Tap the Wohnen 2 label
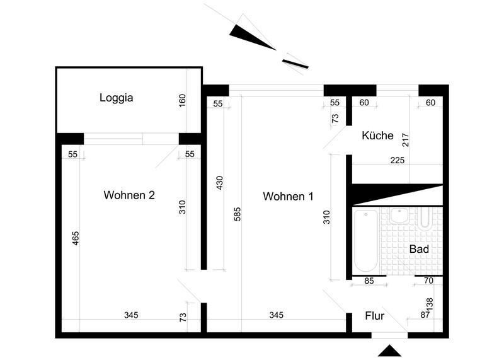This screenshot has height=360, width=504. click(129, 195)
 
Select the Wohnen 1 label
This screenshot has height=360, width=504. click(288, 197)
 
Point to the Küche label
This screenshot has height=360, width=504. click(378, 136)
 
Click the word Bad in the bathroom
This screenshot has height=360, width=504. click(419, 250)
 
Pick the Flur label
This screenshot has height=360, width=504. click(375, 316)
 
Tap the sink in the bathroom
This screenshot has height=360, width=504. click(399, 216)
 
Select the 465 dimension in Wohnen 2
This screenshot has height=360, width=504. click(76, 238)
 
